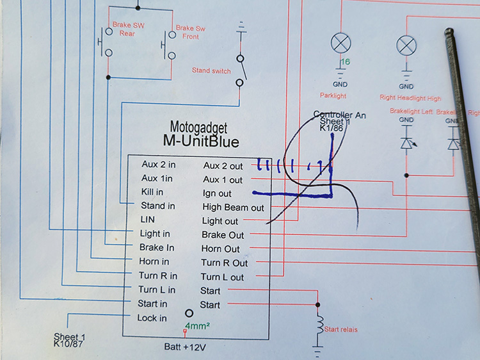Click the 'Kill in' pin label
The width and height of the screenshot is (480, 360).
click(x=152, y=192)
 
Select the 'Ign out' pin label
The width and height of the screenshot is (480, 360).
click(x=217, y=193)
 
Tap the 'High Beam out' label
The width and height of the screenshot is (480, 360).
click(x=233, y=208)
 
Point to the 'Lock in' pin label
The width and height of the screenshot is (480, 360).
click(x=152, y=318)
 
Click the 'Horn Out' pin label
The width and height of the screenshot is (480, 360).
click(x=221, y=249)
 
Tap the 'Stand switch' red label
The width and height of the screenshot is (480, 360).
click(x=211, y=70)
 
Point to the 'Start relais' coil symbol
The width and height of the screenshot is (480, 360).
click(x=317, y=327)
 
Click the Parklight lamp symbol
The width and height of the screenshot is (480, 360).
click(x=340, y=44)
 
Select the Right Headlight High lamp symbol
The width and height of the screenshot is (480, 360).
click(x=406, y=44)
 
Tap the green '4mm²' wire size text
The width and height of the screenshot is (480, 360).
click(x=199, y=326)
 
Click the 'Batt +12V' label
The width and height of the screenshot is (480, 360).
click(x=185, y=347)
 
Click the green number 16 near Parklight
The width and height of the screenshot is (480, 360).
click(x=346, y=62)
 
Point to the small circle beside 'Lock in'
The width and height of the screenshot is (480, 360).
click(x=189, y=314)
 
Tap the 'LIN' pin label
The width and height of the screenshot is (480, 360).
click(x=148, y=220)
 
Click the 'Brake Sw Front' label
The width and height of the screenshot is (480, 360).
click(x=191, y=33)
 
